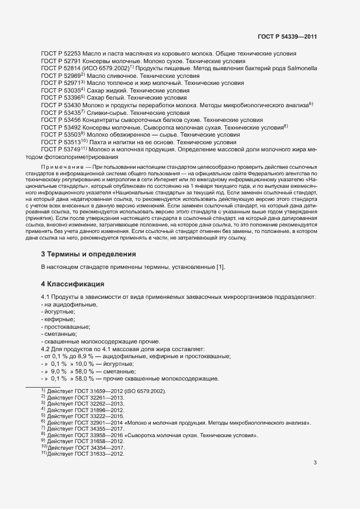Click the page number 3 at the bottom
click(315, 463)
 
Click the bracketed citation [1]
click(220, 267)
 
